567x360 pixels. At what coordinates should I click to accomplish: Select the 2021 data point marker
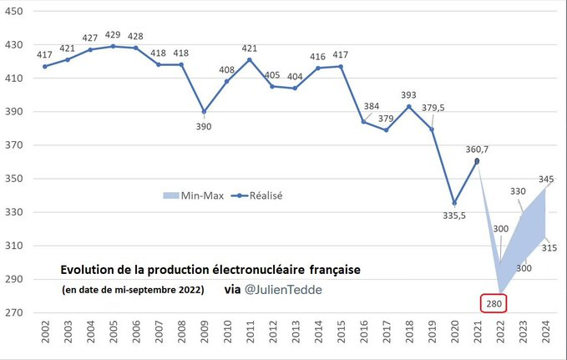[x=477, y=161]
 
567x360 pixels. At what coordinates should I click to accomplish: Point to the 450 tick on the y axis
[x=15, y=12]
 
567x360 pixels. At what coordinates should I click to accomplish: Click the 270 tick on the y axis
[x=15, y=313]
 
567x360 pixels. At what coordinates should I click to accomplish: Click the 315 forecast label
[x=549, y=248]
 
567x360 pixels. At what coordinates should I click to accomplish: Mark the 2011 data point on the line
[x=250, y=59]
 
